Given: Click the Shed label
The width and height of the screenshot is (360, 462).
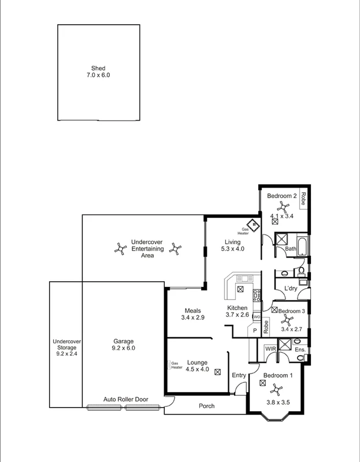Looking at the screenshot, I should click(98, 68).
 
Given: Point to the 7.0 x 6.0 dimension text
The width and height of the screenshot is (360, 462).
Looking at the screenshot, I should click(98, 75).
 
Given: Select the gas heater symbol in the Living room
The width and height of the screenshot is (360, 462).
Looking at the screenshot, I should click(253, 225).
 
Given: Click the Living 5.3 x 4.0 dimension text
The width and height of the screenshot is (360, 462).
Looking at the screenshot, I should click(233, 249).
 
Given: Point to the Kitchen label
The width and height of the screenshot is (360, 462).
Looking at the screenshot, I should click(237, 308).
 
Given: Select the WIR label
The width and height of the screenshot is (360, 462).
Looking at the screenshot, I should click(270, 349).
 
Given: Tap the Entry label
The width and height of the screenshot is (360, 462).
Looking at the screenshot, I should click(239, 376).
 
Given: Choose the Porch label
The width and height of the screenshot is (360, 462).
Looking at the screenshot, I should click(206, 406).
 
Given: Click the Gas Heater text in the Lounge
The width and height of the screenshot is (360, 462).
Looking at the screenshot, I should click(176, 366).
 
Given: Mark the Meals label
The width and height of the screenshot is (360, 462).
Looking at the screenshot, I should click(192, 311).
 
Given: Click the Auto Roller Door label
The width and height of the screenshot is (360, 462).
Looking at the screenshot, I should click(125, 399).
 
